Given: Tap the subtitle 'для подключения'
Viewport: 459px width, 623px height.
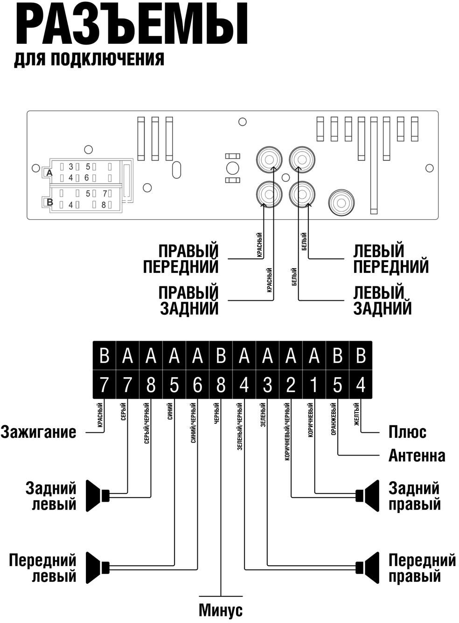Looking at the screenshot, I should [x=89, y=60].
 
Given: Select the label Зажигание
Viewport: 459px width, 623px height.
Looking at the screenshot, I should [x=38, y=432].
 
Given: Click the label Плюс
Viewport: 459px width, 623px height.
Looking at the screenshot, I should [x=407, y=432].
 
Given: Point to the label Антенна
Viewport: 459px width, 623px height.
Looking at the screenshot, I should [x=417, y=455].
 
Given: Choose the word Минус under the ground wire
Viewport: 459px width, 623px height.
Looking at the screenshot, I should [x=221, y=610].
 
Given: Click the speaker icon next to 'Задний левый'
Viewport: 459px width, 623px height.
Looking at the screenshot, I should [x=98, y=495].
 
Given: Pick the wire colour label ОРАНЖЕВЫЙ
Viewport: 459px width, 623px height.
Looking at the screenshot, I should [x=333, y=422].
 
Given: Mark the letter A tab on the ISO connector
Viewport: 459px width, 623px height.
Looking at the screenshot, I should [x=49, y=173].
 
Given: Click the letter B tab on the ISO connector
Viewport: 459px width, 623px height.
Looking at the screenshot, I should [x=49, y=202].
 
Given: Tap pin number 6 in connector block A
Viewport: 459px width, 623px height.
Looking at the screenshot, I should [x=86, y=178].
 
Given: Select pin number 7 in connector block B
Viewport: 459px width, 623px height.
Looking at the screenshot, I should [x=104, y=193].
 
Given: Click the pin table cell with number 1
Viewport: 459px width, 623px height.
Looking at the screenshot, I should [x=314, y=385].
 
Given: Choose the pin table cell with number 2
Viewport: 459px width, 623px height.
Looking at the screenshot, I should [x=291, y=385].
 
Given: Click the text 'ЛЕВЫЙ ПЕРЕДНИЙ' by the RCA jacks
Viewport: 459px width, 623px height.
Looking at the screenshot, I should [x=390, y=258].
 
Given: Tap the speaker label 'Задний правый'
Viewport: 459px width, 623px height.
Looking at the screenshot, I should [x=415, y=496].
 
